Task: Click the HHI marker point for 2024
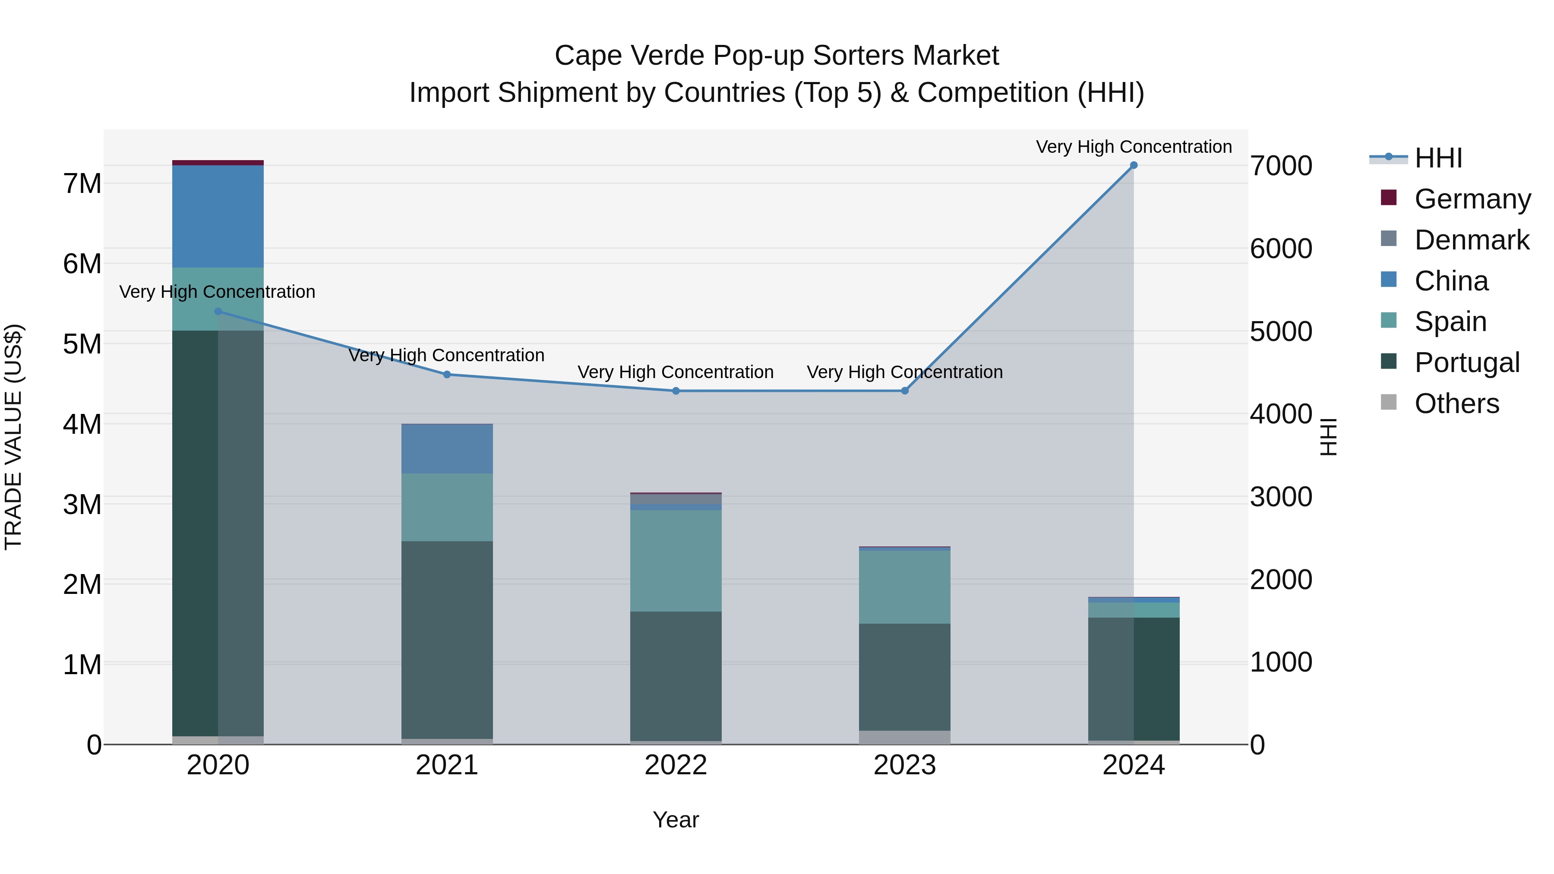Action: point(1134,165)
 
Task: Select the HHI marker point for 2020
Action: point(218,311)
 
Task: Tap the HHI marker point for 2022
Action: point(676,391)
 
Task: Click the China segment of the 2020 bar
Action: point(218,216)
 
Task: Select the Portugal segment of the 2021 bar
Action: point(447,639)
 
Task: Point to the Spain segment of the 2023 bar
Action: point(904,587)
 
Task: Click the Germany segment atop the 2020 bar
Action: point(218,163)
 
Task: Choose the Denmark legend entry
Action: point(1472,240)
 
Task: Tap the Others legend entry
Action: point(1456,404)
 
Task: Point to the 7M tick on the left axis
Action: point(82,183)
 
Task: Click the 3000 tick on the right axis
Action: point(1281,497)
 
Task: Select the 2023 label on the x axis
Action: point(904,765)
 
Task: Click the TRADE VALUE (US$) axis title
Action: point(13,437)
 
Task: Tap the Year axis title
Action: point(676,820)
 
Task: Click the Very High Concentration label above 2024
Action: point(1134,147)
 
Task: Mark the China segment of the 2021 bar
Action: point(447,449)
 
